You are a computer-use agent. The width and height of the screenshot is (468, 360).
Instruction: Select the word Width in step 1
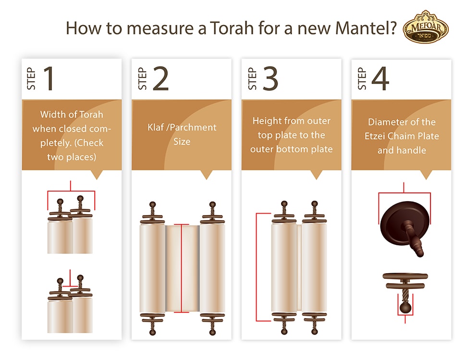tap(51, 115)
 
